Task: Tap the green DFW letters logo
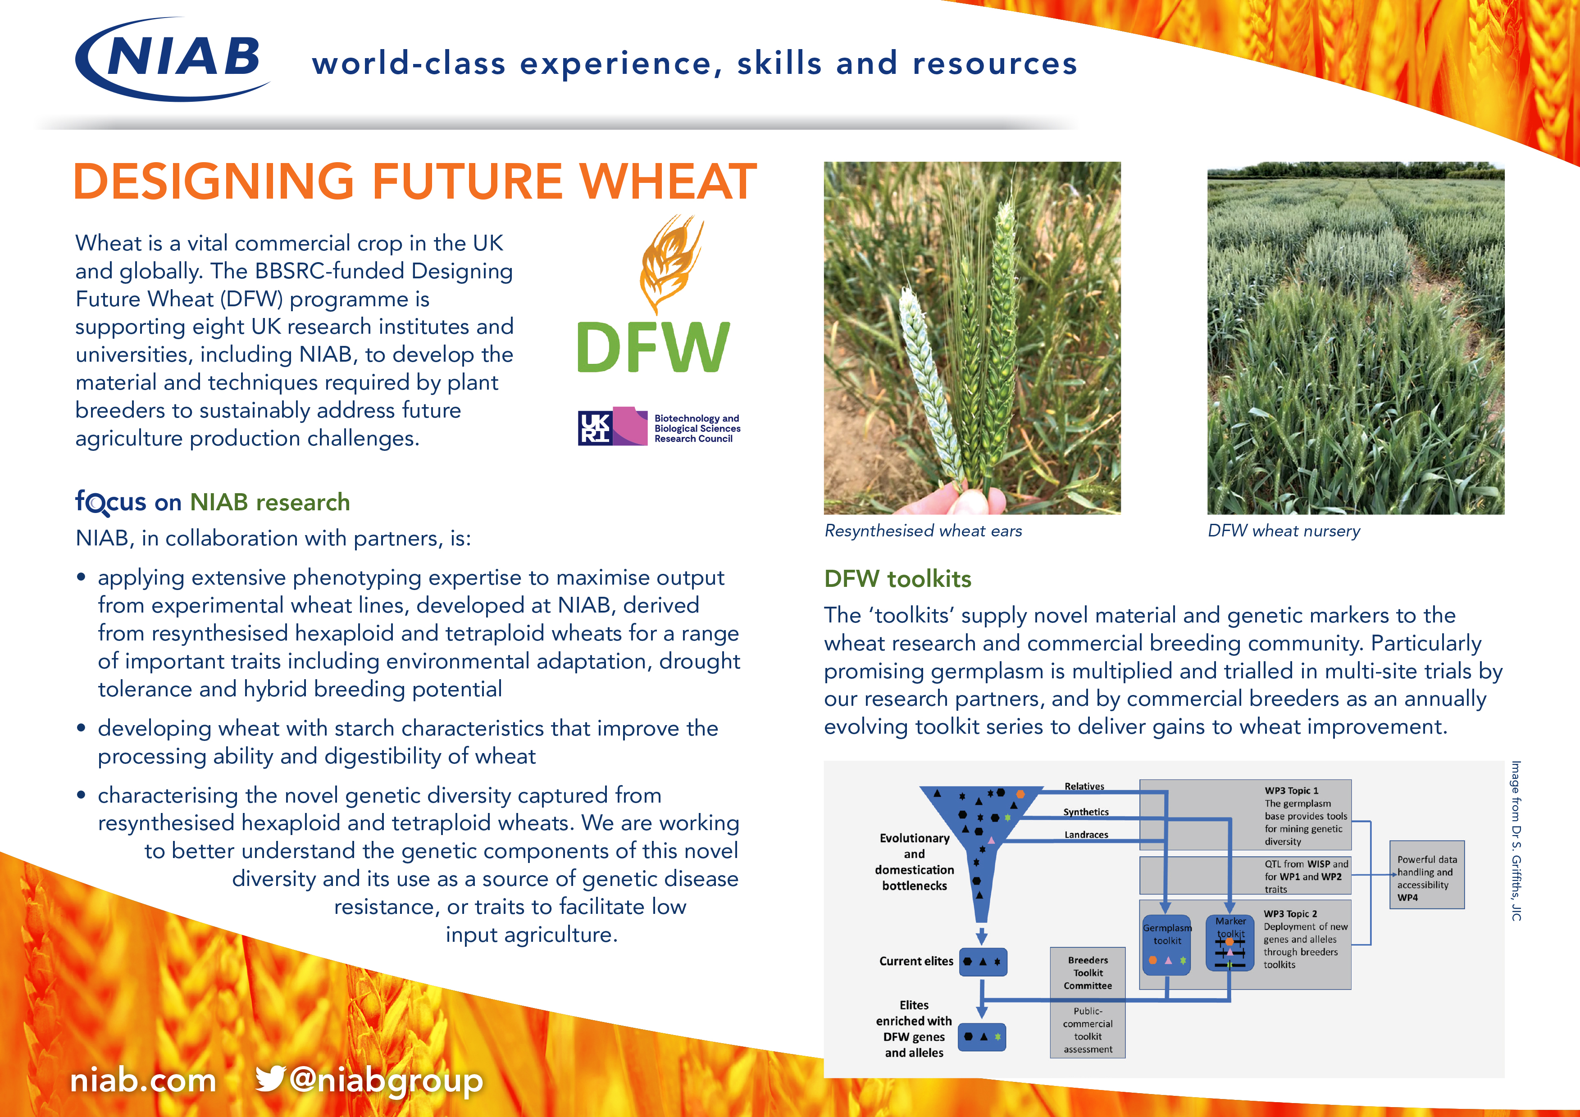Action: pyautogui.click(x=652, y=347)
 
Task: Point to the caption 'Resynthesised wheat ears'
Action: pyautogui.click(x=923, y=531)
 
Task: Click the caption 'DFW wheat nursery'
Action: pyautogui.click(x=1284, y=531)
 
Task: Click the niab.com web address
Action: pyautogui.click(x=143, y=1081)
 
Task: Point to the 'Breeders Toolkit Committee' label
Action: pyautogui.click(x=1088, y=972)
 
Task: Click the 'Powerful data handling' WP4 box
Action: pyautogui.click(x=1426, y=875)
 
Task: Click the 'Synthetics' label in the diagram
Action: pyautogui.click(x=1086, y=812)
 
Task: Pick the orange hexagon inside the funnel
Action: pyautogui.click(x=1020, y=795)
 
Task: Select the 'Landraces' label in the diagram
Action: pyautogui.click(x=1086, y=835)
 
